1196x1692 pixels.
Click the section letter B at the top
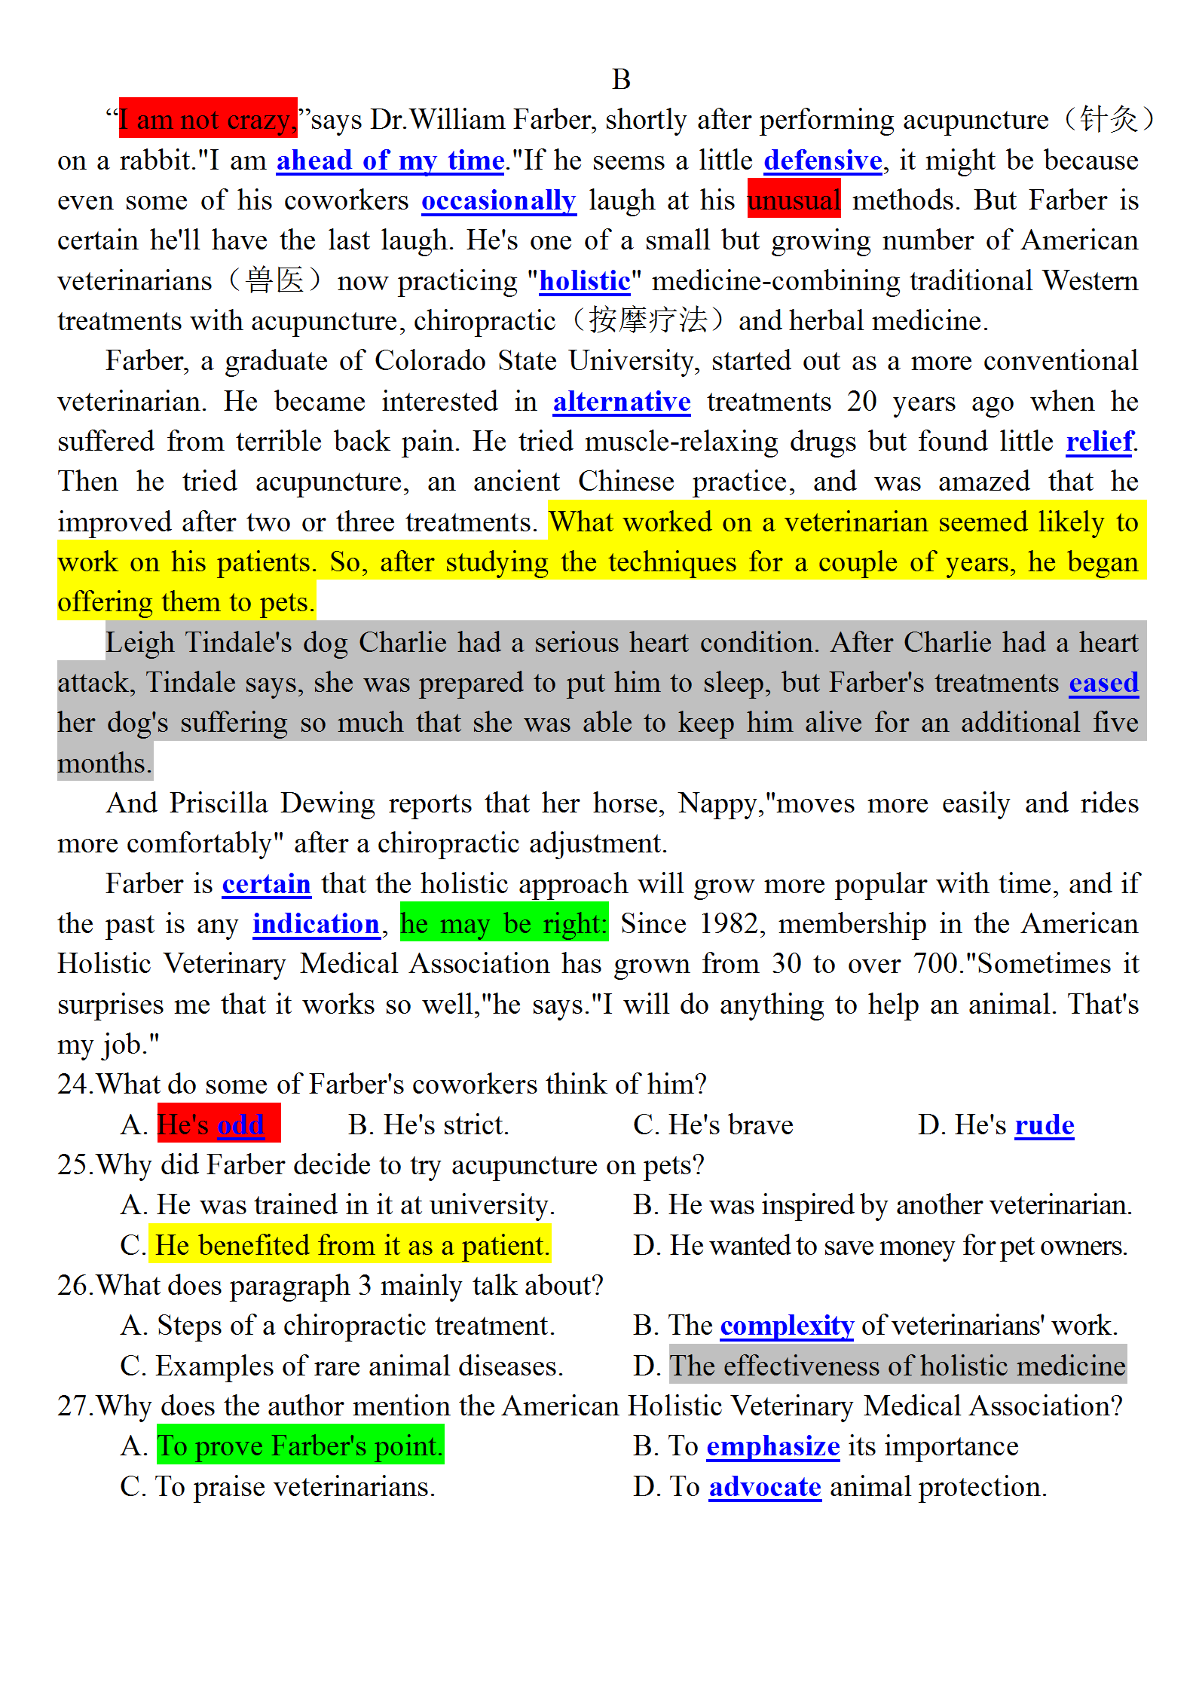coord(621,79)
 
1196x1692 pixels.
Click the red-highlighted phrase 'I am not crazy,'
coord(207,119)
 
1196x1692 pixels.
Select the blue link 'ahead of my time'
coord(390,160)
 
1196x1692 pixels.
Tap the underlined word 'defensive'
coord(822,160)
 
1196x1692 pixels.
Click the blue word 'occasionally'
coord(498,200)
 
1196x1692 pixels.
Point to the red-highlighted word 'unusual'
coord(794,200)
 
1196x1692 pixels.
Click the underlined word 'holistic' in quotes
coord(584,280)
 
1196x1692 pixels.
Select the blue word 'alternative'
coord(621,401)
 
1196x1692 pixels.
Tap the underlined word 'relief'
coord(1099,441)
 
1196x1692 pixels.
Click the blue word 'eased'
coord(1103,682)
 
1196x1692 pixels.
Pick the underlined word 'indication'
coord(316,923)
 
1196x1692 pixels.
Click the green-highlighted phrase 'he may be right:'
coord(503,923)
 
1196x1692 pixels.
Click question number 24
coord(75,1084)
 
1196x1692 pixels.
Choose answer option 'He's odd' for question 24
coord(218,1124)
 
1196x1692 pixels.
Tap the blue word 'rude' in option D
coord(1044,1124)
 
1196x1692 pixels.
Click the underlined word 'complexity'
coord(786,1325)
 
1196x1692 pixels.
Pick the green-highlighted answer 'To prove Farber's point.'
coord(300,1446)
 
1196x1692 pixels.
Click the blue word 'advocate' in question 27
coord(764,1486)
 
